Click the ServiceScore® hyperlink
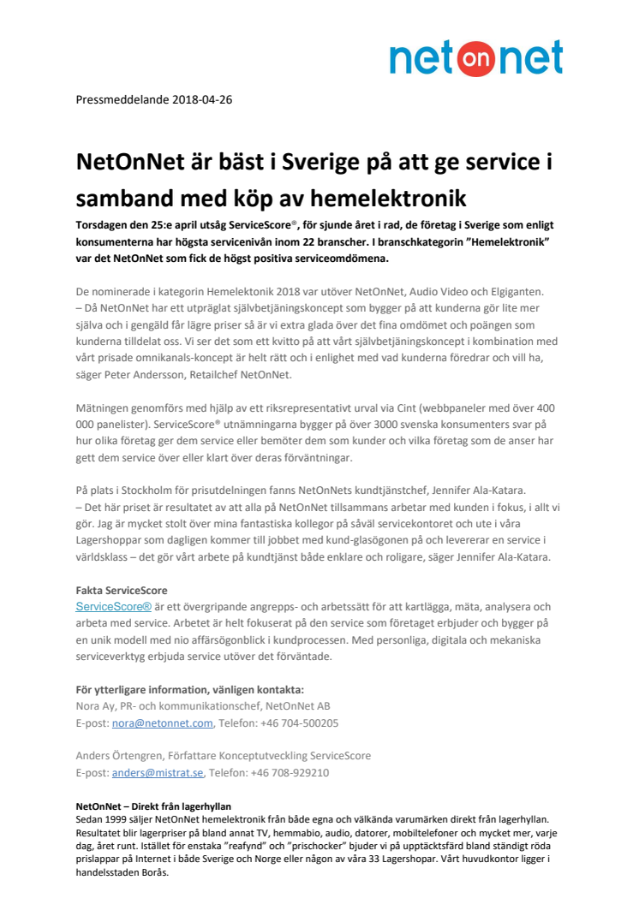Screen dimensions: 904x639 (114, 606)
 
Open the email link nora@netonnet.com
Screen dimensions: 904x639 (162, 723)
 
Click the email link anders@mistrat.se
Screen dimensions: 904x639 (158, 773)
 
